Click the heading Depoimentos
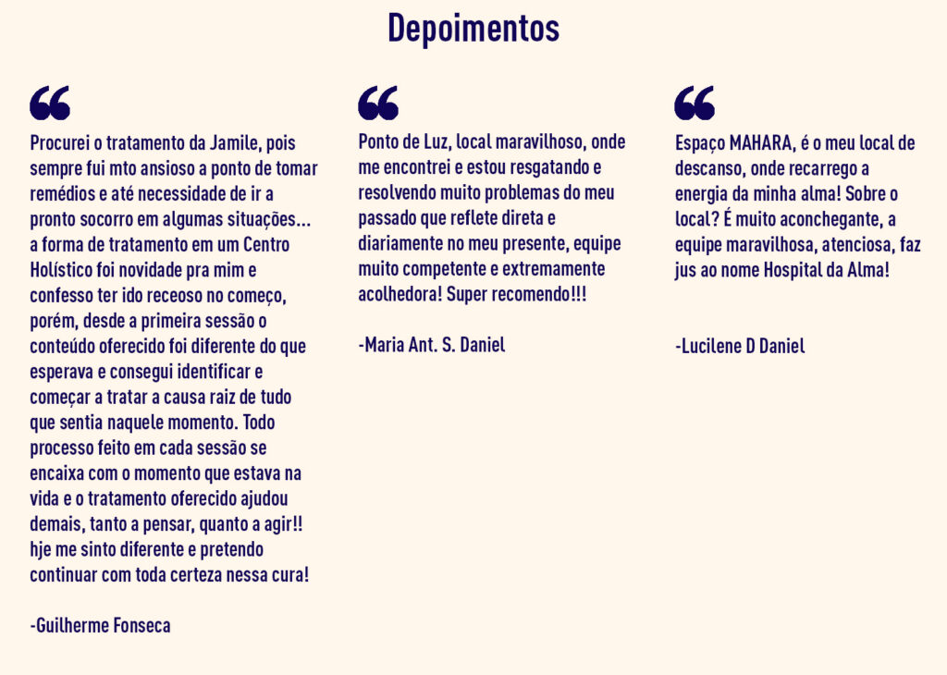coord(473,29)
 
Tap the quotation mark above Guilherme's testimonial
coord(50,103)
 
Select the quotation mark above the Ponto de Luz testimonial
coord(378,103)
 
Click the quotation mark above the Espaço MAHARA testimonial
coord(695,103)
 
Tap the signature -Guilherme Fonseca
coord(100,625)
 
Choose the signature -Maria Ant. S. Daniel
coord(432,346)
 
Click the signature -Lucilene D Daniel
coord(740,347)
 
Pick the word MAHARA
coord(760,144)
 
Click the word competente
coord(443,269)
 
